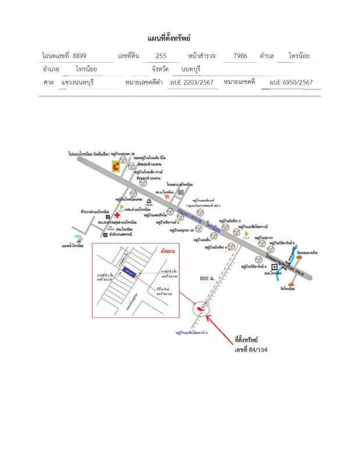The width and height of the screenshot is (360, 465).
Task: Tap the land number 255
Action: click(x=161, y=56)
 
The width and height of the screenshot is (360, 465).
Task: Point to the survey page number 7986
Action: click(x=240, y=56)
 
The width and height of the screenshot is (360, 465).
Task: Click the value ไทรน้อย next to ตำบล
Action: click(x=307, y=56)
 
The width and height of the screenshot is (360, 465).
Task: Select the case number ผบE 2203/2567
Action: click(x=192, y=83)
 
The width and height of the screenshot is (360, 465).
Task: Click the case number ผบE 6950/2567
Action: click(x=291, y=83)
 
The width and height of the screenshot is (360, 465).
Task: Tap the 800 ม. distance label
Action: click(x=208, y=280)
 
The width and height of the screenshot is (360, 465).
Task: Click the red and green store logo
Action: click(x=117, y=168)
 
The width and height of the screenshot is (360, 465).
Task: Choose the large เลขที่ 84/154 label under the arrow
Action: click(x=251, y=349)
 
